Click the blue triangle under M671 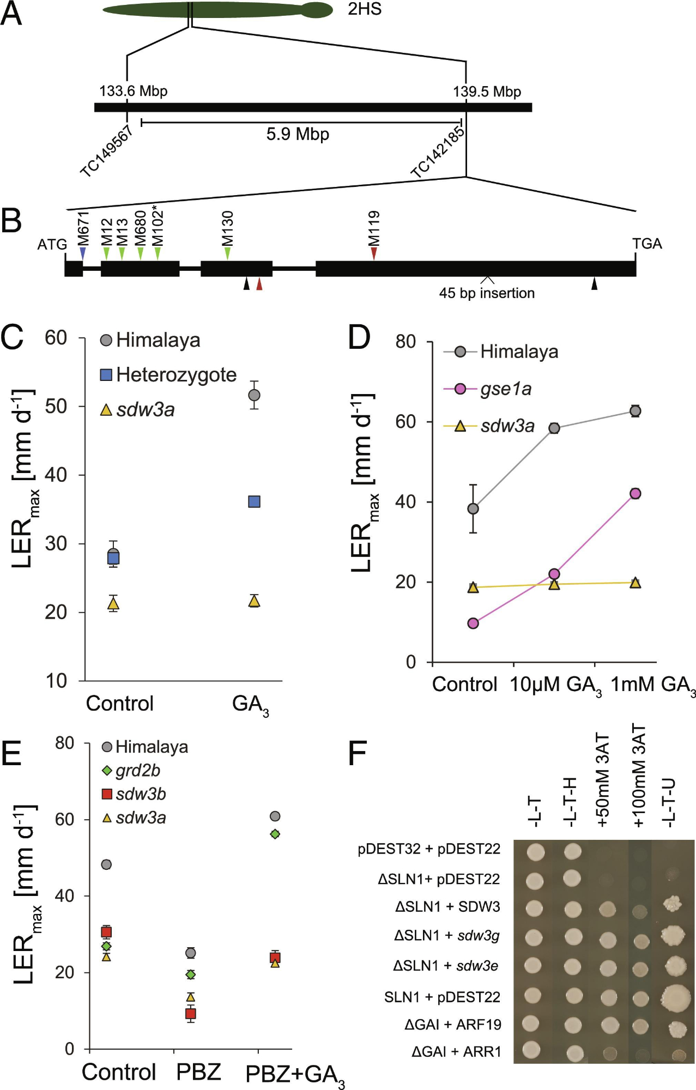pos(83,253)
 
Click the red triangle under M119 pos(374,253)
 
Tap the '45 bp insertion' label pos(487,293)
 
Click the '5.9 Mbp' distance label pos(298,134)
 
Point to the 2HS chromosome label pos(365,9)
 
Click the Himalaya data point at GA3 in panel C pos(254,395)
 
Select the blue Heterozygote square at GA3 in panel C pos(254,501)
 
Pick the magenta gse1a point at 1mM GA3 pos(635,494)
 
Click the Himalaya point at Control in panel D pos(473,508)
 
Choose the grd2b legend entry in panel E pos(137,770)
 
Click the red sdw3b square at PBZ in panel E pos(191,1014)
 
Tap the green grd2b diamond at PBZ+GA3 pos(275,834)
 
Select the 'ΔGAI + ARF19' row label pos(452,1025)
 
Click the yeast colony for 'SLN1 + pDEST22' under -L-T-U pos(675,996)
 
